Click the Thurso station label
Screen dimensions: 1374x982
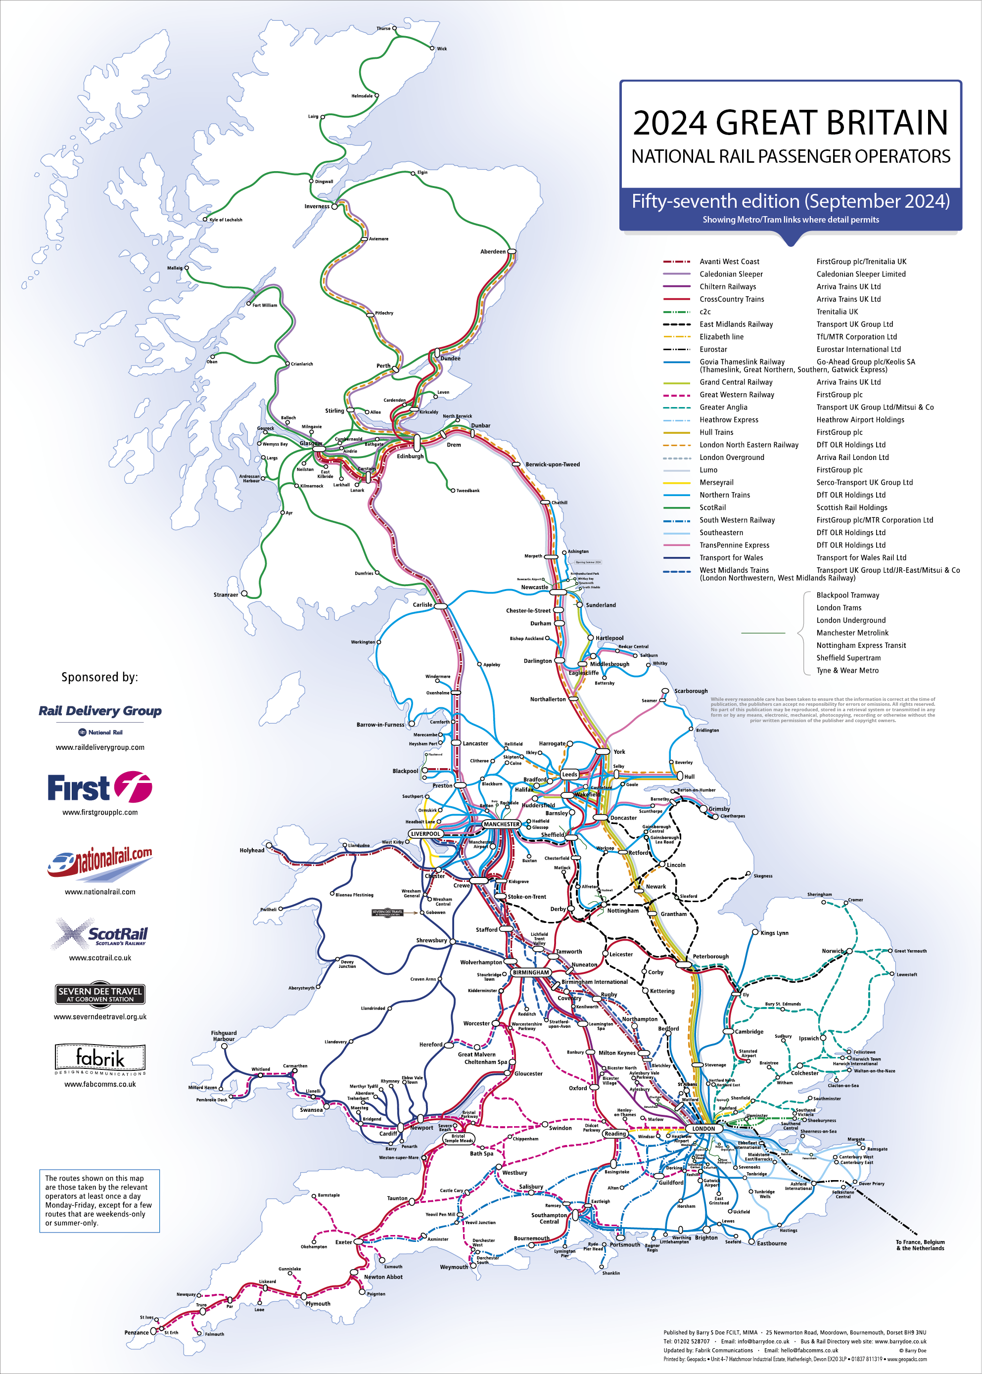[383, 28]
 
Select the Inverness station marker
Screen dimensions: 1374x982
[334, 207]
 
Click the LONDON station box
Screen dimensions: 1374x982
[703, 1129]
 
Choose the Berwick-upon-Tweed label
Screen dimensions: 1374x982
[552, 464]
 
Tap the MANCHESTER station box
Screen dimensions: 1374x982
[501, 824]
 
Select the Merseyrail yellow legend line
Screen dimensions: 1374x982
[677, 482]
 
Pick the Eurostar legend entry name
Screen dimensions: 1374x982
[713, 349]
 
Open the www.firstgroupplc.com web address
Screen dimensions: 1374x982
[100, 813]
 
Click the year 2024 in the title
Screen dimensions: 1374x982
[669, 123]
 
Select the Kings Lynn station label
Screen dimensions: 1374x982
[774, 933]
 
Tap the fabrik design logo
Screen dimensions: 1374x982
[100, 1058]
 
